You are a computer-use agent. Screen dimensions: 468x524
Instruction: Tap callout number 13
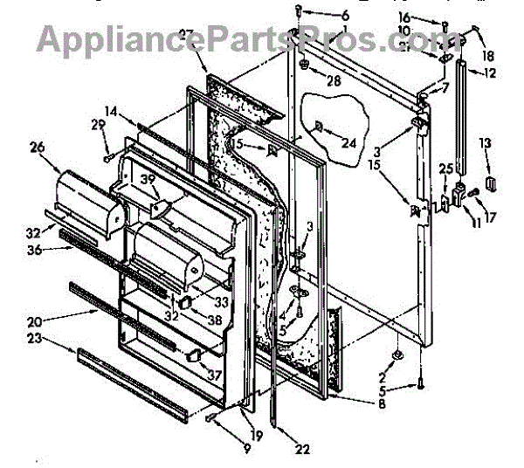coord(486,142)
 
